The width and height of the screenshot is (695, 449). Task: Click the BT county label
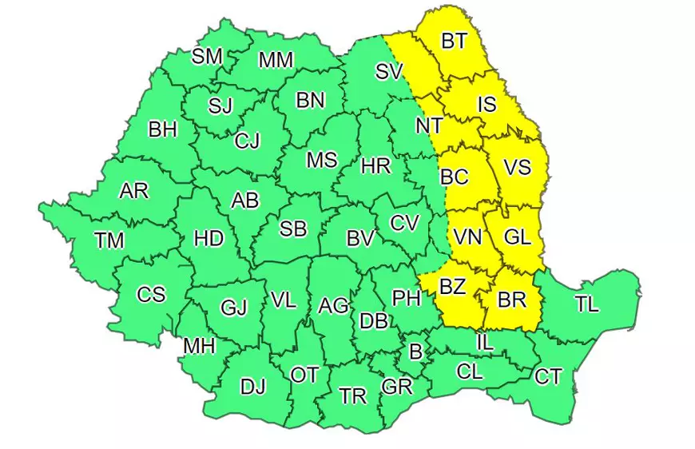[x=454, y=41]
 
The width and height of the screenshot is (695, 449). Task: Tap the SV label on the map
[x=389, y=72]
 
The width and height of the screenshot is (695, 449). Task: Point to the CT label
[x=548, y=376]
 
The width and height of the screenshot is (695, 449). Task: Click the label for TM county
[x=109, y=240]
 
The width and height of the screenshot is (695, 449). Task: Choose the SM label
[x=207, y=56]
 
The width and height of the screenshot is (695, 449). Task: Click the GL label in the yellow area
[x=518, y=237]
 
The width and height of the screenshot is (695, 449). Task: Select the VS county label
[x=518, y=168]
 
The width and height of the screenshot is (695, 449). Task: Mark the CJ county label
[x=247, y=141]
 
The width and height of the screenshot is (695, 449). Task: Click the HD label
[x=209, y=238]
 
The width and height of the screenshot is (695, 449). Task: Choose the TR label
[x=352, y=396]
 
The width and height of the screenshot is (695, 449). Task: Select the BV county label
[x=360, y=237]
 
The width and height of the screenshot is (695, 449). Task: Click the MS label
[x=322, y=160]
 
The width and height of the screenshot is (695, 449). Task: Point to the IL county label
[x=484, y=342]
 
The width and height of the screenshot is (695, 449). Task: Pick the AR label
[x=133, y=191]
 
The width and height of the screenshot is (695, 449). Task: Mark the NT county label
[x=429, y=126]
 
